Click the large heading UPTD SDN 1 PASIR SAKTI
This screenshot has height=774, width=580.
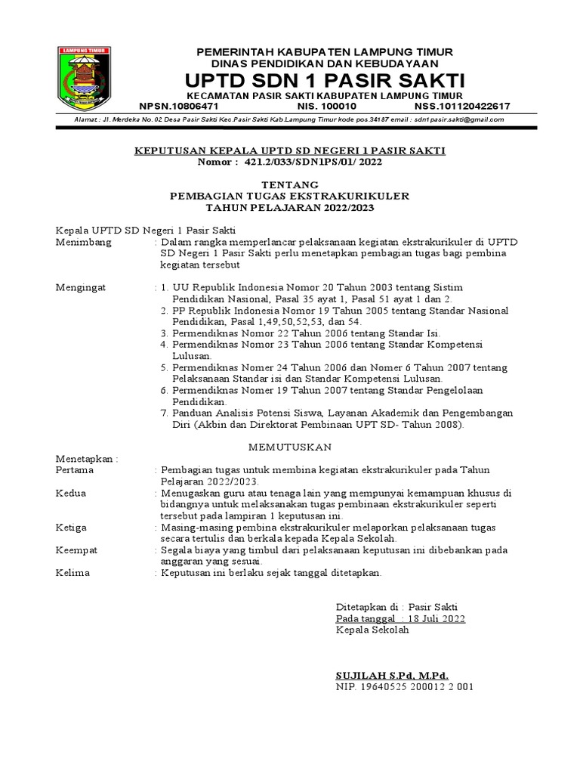click(325, 81)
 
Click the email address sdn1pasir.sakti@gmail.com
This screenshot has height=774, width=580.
click(461, 119)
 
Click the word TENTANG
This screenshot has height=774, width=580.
click(290, 184)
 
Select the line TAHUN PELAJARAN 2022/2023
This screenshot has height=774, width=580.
click(290, 207)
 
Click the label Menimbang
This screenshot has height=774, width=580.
click(84, 242)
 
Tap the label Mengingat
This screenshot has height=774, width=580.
click(82, 287)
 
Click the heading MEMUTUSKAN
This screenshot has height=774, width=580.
click(290, 447)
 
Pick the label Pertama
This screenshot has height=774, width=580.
click(75, 469)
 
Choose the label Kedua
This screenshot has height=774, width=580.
click(72, 493)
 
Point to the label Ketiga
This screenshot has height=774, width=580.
click(72, 527)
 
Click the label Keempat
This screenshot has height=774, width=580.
click(77, 550)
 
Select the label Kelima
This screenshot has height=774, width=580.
click(73, 572)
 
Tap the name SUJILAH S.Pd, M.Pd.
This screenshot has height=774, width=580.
click(392, 675)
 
